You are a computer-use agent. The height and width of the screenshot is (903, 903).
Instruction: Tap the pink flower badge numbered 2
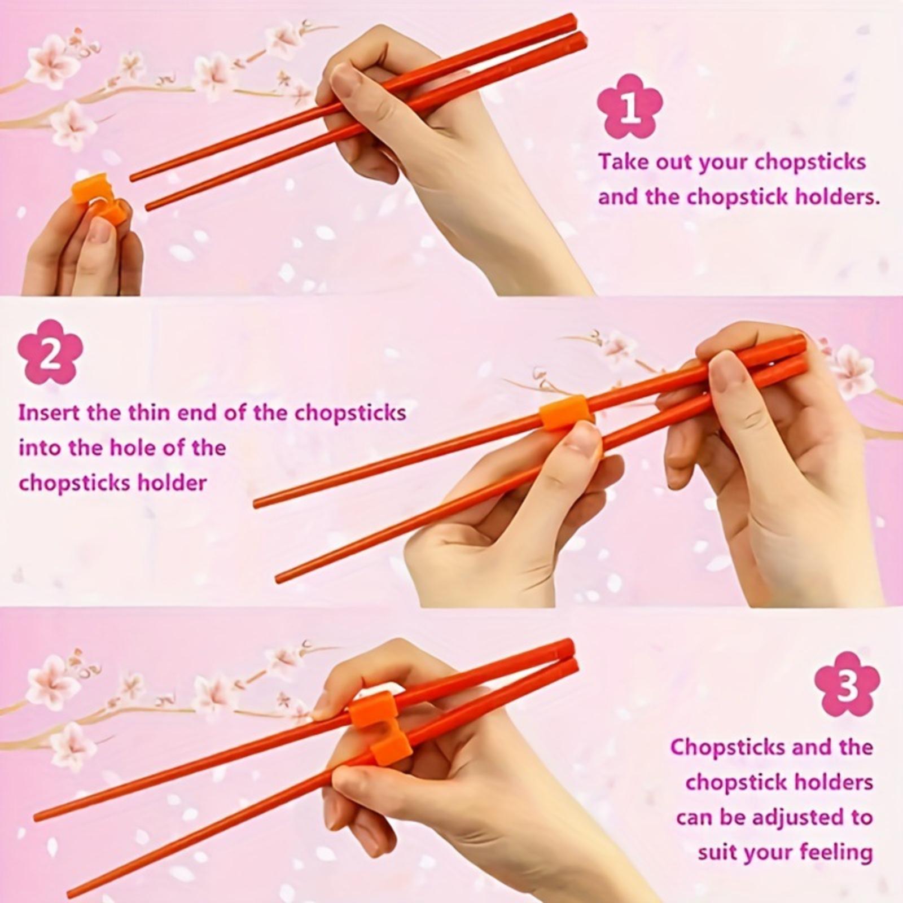[50, 352]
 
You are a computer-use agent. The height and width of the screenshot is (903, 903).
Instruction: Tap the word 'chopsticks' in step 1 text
[810, 163]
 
